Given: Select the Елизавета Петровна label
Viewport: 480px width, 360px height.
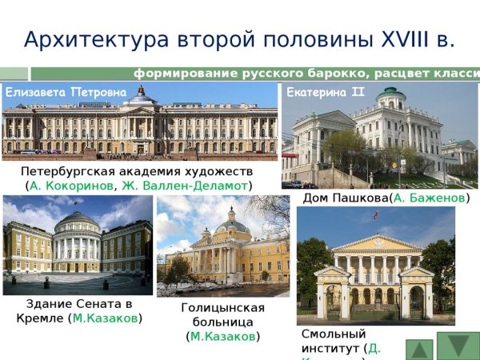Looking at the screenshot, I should click(x=66, y=93).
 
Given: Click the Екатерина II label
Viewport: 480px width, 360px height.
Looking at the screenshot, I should click(x=326, y=92).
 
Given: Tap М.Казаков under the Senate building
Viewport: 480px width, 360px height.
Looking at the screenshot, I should click(x=106, y=318).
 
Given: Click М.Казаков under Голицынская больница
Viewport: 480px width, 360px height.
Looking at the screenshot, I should click(x=223, y=336).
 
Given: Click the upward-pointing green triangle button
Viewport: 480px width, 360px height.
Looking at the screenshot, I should click(x=421, y=349).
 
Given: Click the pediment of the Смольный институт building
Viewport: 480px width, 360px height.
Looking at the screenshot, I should click(x=376, y=242).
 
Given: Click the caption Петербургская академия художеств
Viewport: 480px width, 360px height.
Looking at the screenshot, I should click(x=137, y=172).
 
